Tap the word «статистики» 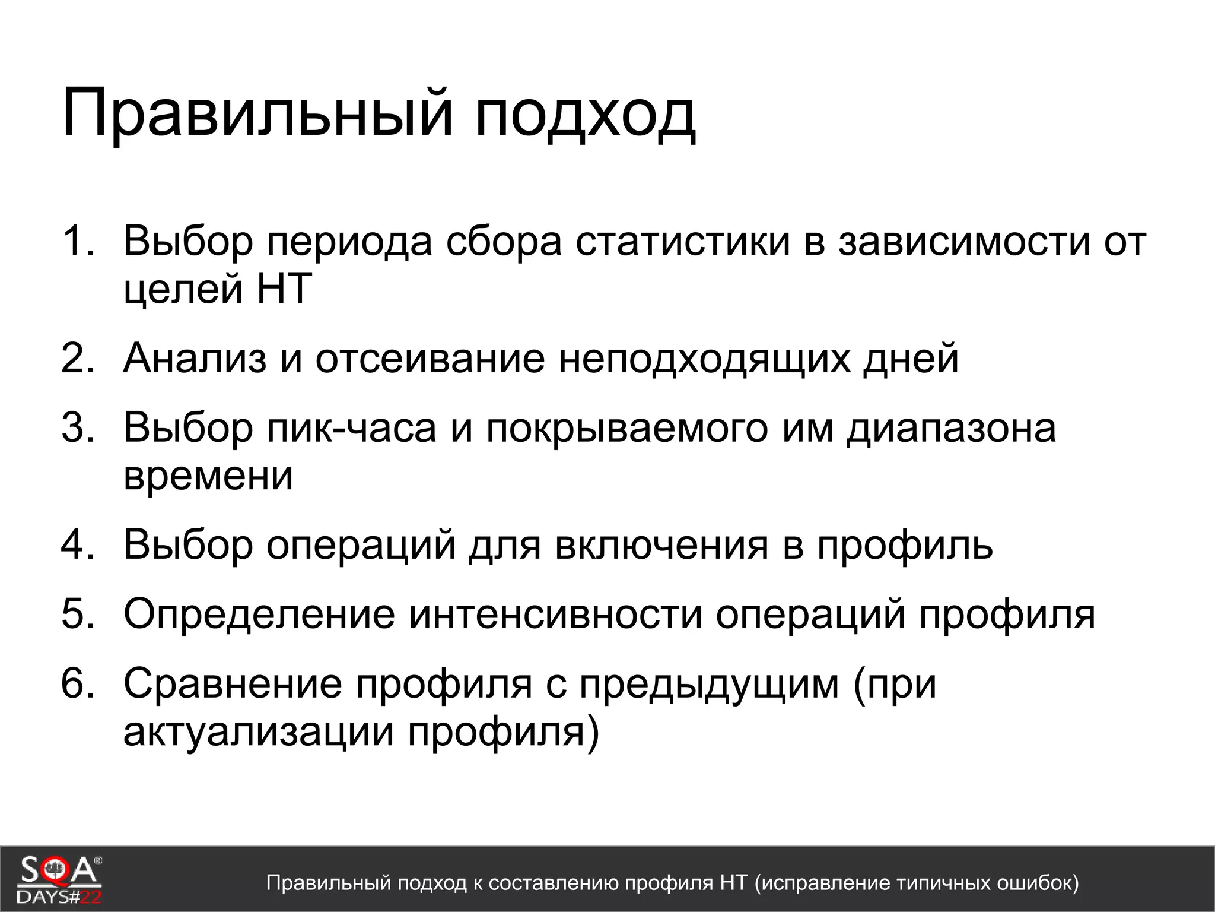point(683,242)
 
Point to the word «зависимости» point(963,242)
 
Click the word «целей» point(183,290)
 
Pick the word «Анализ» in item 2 point(195,358)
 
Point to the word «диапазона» point(951,427)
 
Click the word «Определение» point(259,615)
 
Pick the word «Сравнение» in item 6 point(233,683)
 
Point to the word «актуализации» point(259,732)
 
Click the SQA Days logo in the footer point(59,879)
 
